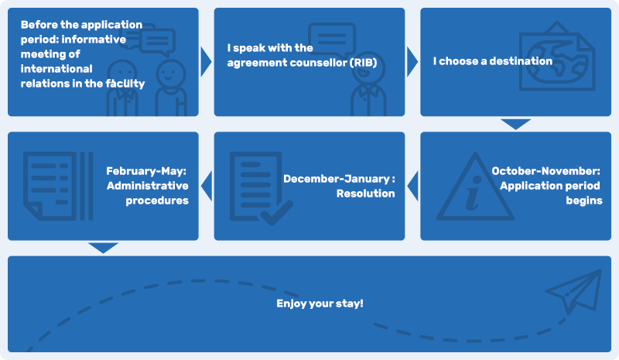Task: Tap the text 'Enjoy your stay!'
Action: [320, 303]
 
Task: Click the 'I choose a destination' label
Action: [492, 61]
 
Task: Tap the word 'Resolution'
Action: [365, 194]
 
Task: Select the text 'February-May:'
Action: [147, 171]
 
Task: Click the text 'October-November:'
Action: [546, 171]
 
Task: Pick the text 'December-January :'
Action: [338, 179]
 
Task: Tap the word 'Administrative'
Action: [148, 186]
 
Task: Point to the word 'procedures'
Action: [157, 201]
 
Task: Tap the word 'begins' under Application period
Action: [584, 201]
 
